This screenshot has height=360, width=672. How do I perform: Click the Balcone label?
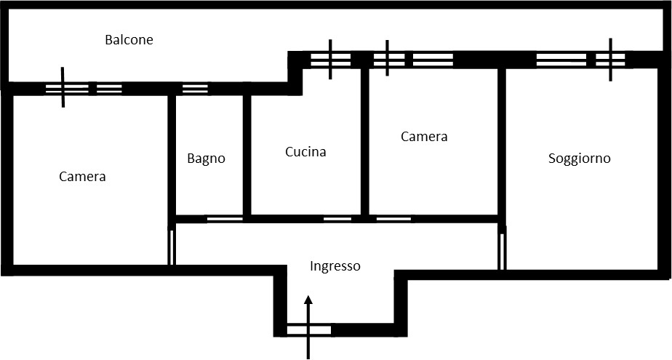point(129,40)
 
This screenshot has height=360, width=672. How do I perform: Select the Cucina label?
point(305,152)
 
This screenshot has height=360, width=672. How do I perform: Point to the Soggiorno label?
point(580,159)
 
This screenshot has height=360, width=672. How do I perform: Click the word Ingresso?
point(335,267)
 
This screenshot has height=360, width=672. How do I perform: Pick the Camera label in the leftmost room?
point(82,177)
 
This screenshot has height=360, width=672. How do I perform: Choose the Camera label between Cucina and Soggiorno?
point(424,137)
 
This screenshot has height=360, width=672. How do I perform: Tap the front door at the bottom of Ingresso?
point(308,330)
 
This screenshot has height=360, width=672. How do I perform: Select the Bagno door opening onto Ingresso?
point(225,219)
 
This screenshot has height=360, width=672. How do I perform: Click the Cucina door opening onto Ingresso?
point(337,219)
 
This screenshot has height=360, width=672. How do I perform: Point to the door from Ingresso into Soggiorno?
point(503,252)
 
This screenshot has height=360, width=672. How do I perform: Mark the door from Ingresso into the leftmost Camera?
point(172,247)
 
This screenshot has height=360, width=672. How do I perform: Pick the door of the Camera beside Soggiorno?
point(394,219)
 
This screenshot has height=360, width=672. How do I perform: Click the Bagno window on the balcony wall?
point(195,89)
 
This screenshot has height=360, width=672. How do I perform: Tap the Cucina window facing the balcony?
point(330,60)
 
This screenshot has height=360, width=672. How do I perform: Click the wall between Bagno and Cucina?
point(247,155)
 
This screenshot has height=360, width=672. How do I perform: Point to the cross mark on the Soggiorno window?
point(610,60)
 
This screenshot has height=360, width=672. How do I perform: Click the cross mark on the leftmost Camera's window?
point(63,87)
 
